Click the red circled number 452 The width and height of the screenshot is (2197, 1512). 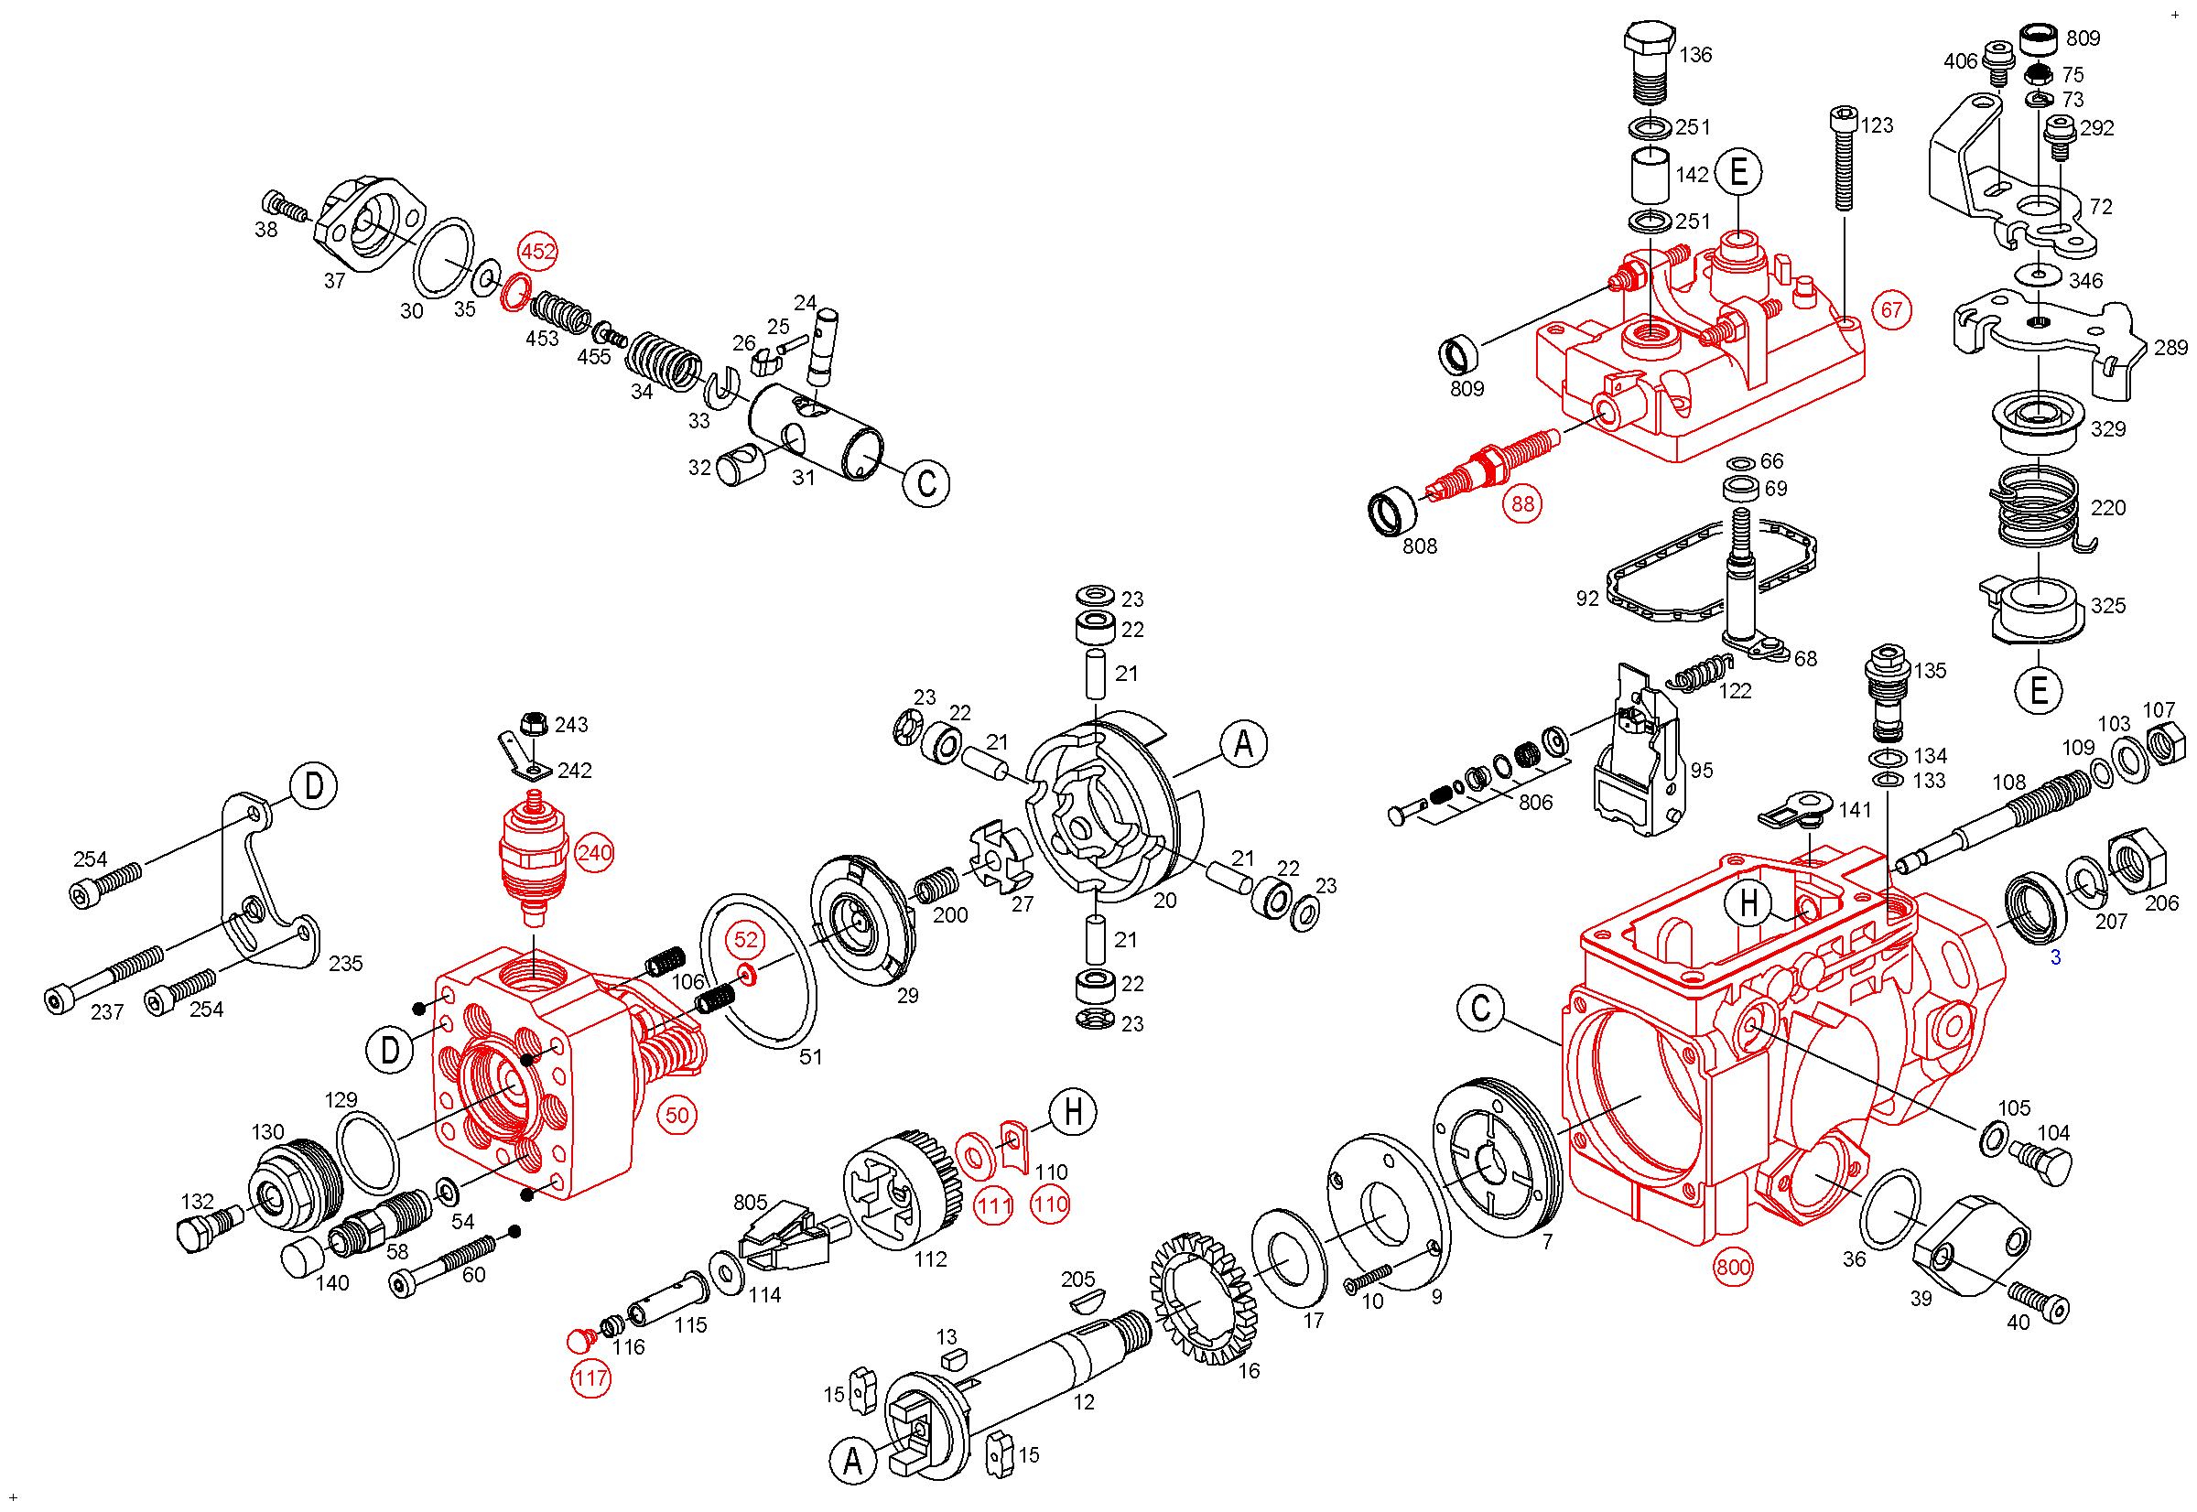[538, 252]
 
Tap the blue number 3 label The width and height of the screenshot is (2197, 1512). [2055, 957]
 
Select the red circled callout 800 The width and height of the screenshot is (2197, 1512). [1733, 1268]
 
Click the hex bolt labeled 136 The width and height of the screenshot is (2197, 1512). [1650, 63]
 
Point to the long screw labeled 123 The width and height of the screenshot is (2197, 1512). [1843, 158]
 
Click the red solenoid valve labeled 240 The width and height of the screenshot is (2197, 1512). [534, 859]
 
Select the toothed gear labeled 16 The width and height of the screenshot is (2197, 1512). [1204, 1298]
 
